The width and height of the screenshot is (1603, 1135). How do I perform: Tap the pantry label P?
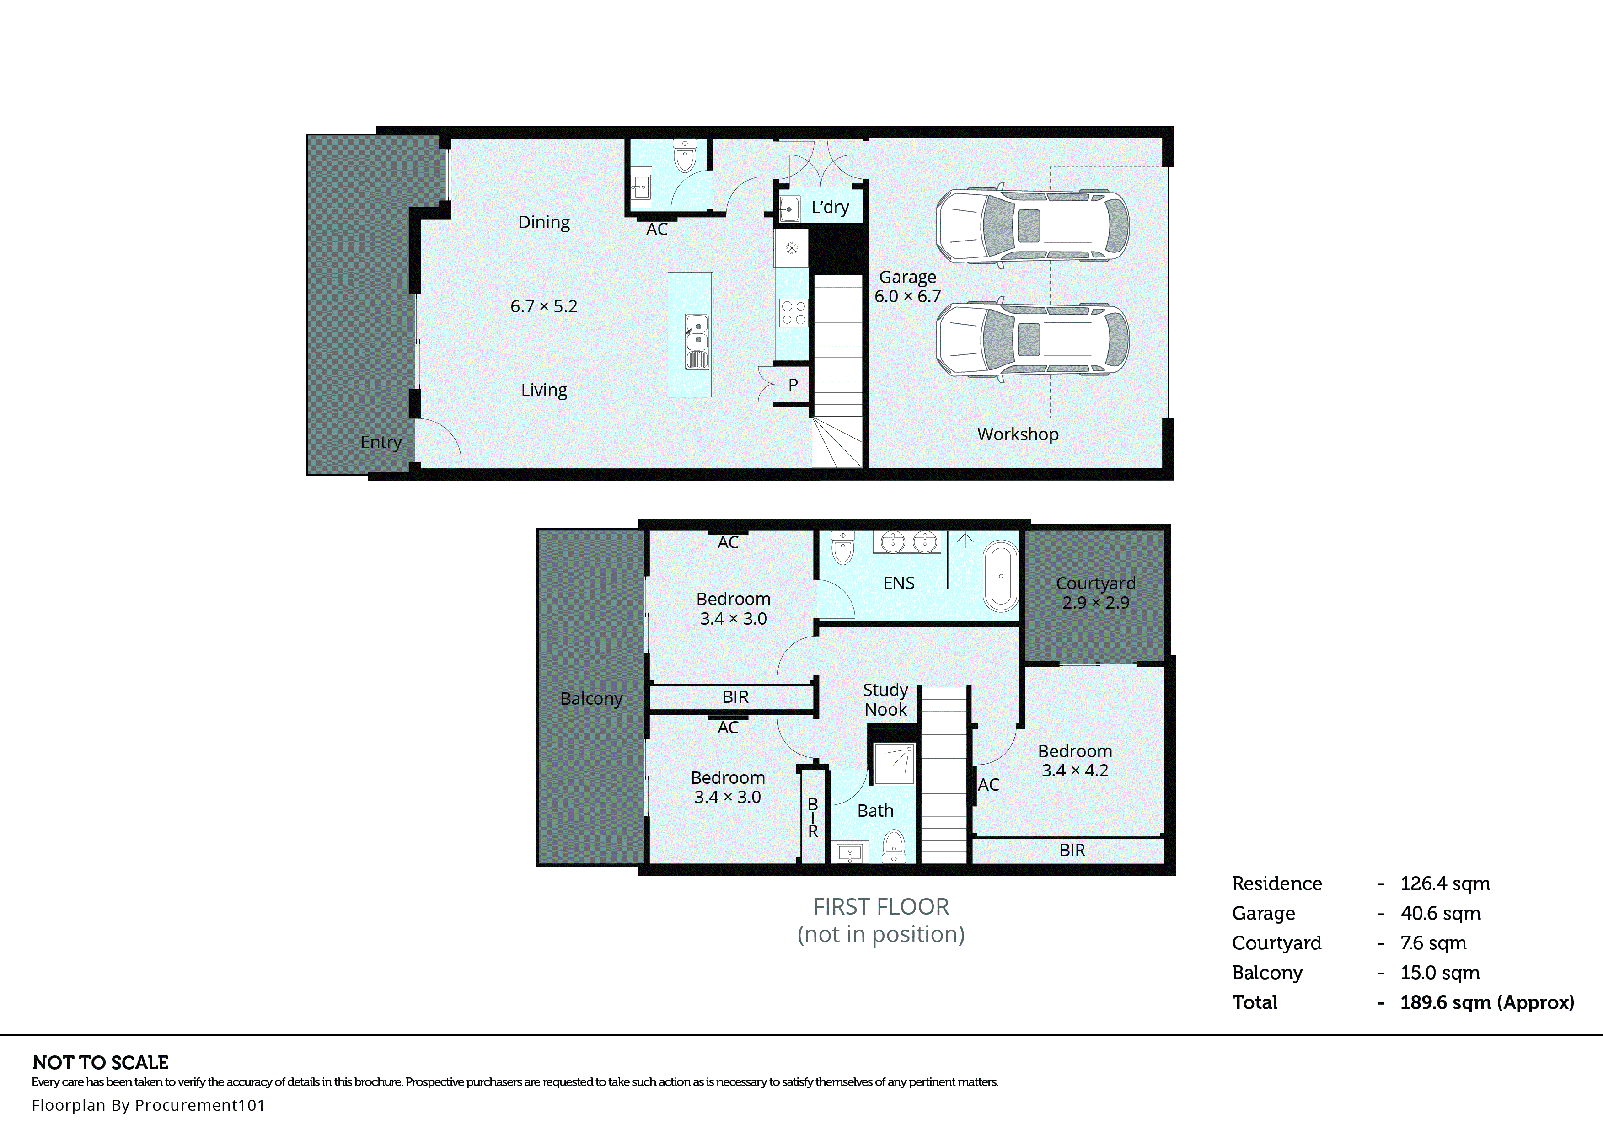[793, 385]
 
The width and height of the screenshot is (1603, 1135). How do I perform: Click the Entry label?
[381, 442]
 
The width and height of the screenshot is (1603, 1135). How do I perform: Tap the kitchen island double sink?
[697, 332]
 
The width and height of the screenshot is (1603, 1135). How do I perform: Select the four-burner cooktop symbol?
[793, 312]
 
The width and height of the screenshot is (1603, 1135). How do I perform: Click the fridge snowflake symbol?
[792, 248]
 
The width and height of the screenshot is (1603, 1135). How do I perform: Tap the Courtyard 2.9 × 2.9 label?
[1095, 593]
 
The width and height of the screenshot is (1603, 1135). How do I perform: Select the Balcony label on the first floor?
[591, 698]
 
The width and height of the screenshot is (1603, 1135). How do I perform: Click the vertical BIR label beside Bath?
[813, 818]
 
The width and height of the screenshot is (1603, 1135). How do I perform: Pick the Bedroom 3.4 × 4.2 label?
[1075, 760]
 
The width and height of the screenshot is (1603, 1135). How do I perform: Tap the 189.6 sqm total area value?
[1486, 1002]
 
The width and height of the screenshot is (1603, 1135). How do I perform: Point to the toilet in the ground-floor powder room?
[684, 156]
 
